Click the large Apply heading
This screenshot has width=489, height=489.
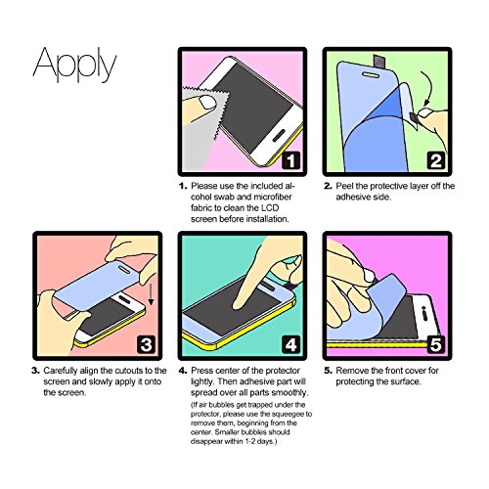click(x=74, y=65)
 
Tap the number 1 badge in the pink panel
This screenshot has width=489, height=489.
click(x=290, y=160)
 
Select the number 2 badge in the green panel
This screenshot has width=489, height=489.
click(x=436, y=160)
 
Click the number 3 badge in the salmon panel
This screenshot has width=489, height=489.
click(x=146, y=344)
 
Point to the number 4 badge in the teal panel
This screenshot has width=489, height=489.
click(x=290, y=344)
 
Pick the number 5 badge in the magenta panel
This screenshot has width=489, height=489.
click(x=436, y=344)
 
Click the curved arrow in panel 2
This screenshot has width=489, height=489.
click(x=428, y=88)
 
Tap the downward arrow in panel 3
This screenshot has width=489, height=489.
click(x=151, y=294)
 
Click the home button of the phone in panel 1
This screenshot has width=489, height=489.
click(x=279, y=135)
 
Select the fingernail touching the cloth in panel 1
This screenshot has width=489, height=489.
click(x=207, y=102)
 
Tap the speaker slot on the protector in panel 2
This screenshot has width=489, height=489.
click(x=371, y=75)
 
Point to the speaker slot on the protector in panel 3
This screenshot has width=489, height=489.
click(x=125, y=268)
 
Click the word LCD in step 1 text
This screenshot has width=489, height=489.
click(x=269, y=208)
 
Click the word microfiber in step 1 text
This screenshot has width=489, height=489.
click(x=273, y=198)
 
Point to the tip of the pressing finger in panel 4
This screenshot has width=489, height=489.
click(x=237, y=306)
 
